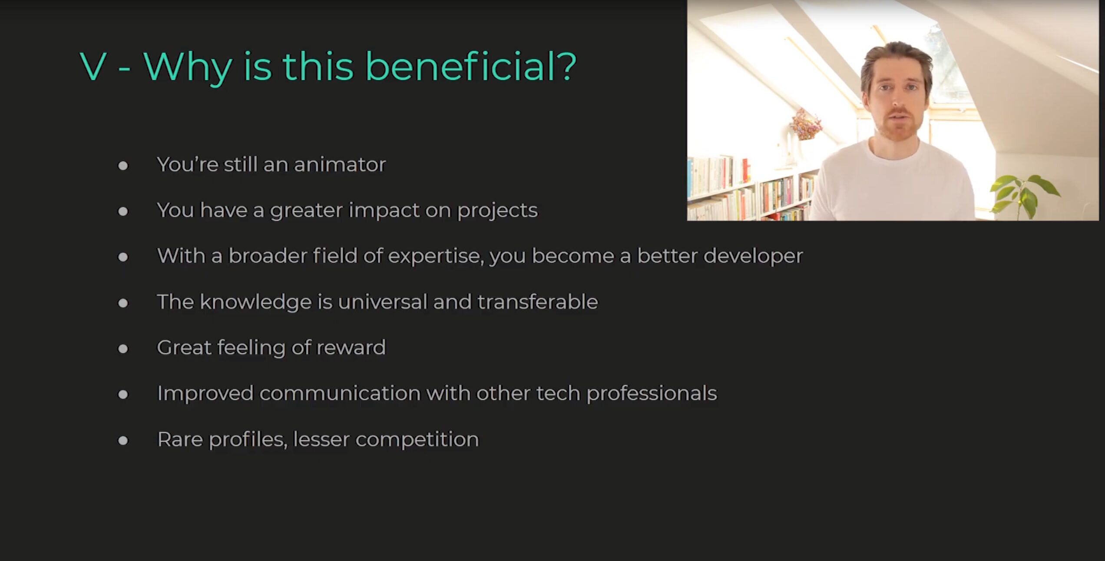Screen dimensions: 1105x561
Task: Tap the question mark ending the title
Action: [x=567, y=67]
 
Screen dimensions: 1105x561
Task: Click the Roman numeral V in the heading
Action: [x=93, y=67]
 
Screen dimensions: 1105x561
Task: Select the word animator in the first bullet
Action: [x=340, y=165]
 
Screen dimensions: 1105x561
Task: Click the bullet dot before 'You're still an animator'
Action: [x=123, y=166]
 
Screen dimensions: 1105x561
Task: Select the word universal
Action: [x=383, y=302]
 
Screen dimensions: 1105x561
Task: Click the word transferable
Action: [x=538, y=302]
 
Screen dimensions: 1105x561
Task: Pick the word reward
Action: [x=351, y=348]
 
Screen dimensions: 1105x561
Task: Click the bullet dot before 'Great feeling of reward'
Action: [x=123, y=349]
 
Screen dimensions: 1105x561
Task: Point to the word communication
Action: [x=340, y=394]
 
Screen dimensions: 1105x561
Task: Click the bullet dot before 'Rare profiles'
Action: [x=123, y=441]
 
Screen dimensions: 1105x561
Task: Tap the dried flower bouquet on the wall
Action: [x=806, y=124]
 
